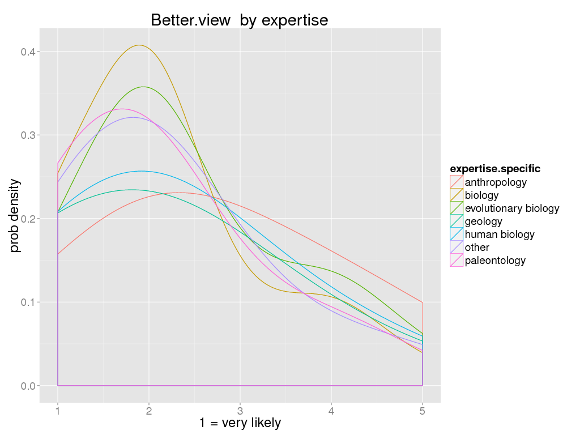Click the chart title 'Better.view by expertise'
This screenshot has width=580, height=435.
point(239,20)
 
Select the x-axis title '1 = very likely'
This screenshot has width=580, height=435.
point(240,423)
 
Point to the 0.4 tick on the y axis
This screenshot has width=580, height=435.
point(29,52)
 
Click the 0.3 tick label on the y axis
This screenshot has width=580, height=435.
point(29,135)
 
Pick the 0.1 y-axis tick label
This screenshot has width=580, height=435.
point(29,302)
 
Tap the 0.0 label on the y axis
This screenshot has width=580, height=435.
point(29,386)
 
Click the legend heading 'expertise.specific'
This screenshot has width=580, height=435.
point(494,169)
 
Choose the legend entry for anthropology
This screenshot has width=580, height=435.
point(496,182)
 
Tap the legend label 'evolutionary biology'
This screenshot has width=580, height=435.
point(511,208)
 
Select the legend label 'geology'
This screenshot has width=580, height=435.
point(483,221)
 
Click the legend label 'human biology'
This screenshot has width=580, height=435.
point(499,234)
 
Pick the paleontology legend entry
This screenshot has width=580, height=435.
point(495,261)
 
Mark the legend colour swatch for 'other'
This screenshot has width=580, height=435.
point(457,248)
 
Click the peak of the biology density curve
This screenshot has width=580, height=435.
point(139,45)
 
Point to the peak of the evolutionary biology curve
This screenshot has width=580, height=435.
point(143,87)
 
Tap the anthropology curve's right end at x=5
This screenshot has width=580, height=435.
point(422,302)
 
